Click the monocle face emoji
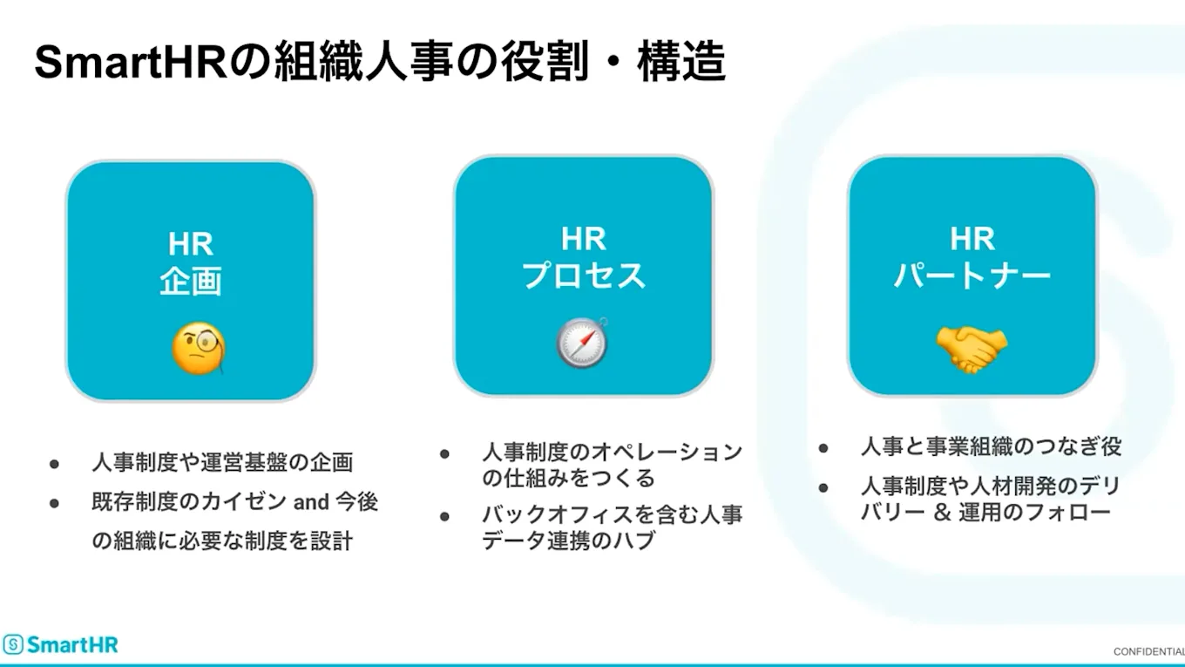198,349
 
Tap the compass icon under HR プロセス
582,342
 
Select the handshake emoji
972,349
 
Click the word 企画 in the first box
191,282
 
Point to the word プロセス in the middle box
584,276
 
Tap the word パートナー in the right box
972,276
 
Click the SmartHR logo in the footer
60,645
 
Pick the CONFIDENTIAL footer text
1148,652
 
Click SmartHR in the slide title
131,64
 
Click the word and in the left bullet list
310,502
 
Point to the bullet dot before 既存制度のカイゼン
54,503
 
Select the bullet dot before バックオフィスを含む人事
444,516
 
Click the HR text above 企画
191,243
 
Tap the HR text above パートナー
972,238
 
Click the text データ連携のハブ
568,541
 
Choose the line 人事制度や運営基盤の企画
222,462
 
